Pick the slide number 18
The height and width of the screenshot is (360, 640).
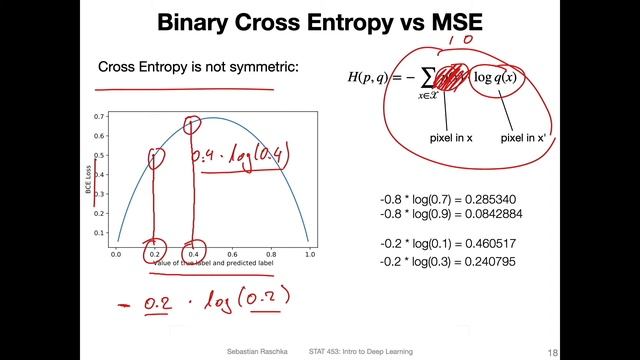(x=622, y=352)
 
